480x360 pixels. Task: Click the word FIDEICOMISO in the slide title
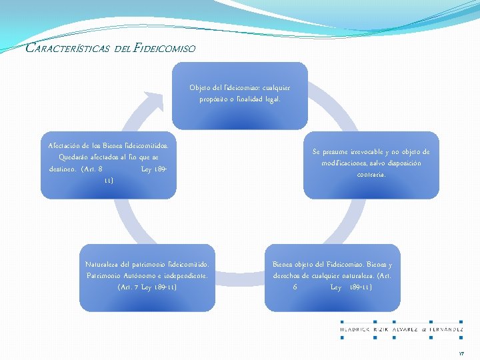pyautogui.click(x=165, y=48)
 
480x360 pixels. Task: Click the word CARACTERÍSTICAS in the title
pyautogui.click(x=67, y=48)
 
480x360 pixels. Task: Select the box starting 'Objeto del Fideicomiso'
pyautogui.click(x=239, y=95)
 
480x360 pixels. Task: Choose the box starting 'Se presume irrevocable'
pyautogui.click(x=371, y=164)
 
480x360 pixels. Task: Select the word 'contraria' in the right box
pyautogui.click(x=371, y=175)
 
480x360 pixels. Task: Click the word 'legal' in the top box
pyautogui.click(x=271, y=99)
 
